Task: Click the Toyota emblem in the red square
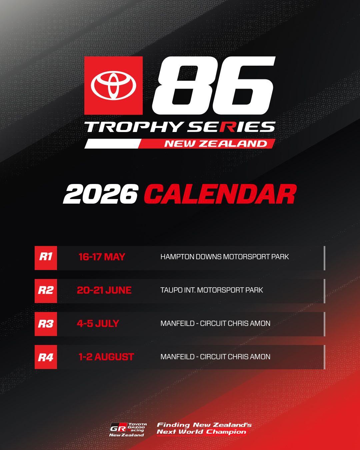113,85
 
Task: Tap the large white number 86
213,85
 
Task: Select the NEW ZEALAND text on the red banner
216,144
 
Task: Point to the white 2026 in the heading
101,194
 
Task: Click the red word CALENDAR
220,194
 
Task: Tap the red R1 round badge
46,258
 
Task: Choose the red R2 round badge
46,291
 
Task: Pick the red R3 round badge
46,324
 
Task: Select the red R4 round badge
46,357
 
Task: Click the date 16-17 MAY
102,257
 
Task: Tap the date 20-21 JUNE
104,290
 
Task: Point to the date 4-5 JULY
98,324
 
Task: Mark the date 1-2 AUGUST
106,357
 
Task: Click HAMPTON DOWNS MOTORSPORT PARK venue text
224,257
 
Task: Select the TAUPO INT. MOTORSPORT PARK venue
211,290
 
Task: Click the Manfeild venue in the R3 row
215,324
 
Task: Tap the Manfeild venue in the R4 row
215,357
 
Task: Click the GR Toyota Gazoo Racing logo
127,429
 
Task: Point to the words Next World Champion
201,432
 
